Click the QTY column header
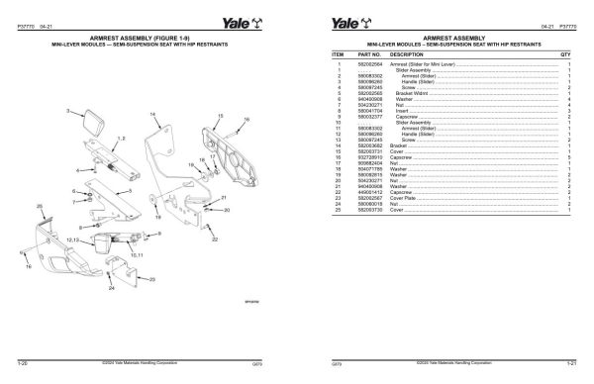(566, 53)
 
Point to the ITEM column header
(337, 53)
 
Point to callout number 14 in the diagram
(152, 116)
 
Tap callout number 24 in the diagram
(112, 288)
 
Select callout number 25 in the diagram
(40, 205)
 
